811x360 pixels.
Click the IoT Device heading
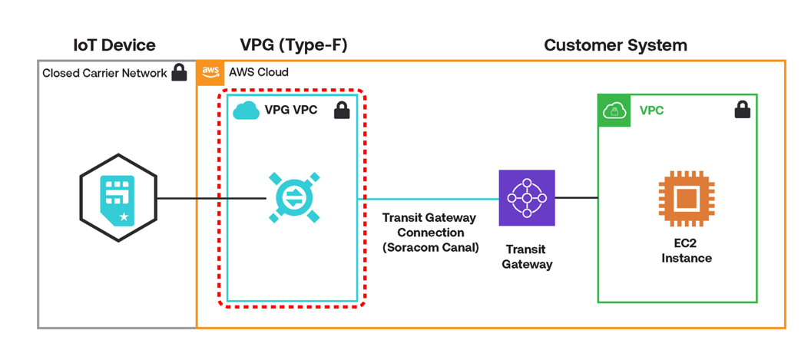114,45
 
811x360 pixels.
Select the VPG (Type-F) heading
294,45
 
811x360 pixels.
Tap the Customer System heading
615,45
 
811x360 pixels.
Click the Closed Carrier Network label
104,74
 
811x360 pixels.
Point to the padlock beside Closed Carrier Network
179,73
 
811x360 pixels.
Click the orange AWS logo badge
210,72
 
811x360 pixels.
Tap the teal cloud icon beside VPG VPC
246,111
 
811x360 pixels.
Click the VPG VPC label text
290,111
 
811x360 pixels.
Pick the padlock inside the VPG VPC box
342,111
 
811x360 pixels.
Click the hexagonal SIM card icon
118,199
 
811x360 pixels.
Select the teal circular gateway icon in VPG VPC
293,199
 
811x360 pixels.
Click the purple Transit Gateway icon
527,198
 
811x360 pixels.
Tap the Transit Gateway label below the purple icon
527,257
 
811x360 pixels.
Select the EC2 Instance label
686,251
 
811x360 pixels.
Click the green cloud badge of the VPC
614,111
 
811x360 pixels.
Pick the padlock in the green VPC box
742,111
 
